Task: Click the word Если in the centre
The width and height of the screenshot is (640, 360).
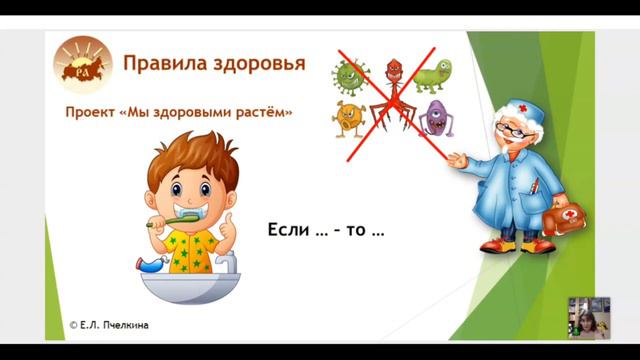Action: tap(287, 230)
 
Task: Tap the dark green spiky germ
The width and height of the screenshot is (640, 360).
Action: tap(351, 74)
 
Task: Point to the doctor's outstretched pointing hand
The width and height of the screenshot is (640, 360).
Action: tap(457, 160)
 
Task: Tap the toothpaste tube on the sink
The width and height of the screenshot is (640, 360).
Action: tap(160, 265)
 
